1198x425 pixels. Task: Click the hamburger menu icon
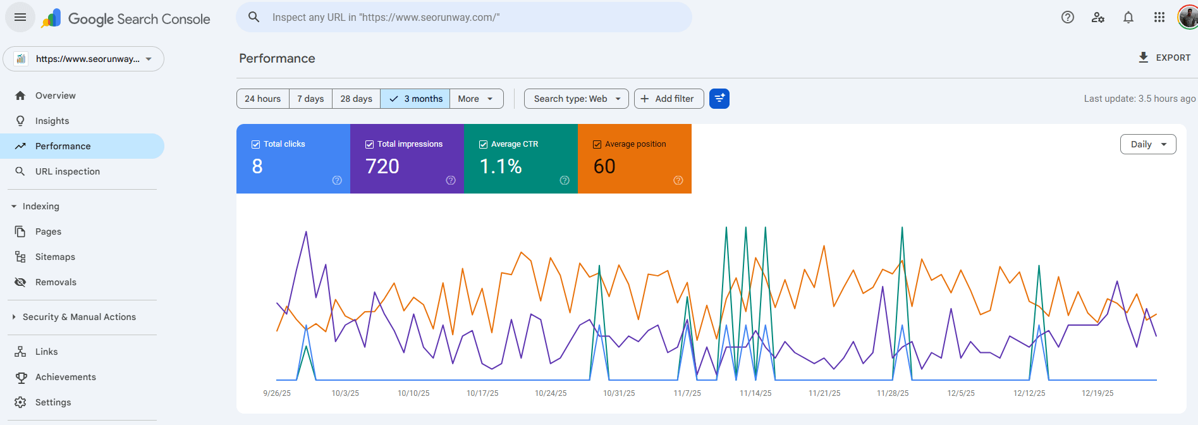pyautogui.click(x=20, y=17)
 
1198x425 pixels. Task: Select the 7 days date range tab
pyautogui.click(x=310, y=99)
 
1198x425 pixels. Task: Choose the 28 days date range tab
pyautogui.click(x=356, y=99)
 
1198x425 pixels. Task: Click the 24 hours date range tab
pyautogui.click(x=262, y=99)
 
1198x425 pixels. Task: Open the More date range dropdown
pyautogui.click(x=476, y=99)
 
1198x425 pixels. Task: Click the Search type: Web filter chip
pyautogui.click(x=576, y=99)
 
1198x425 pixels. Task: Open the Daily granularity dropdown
pyautogui.click(x=1147, y=144)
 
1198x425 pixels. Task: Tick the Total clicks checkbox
pyautogui.click(x=256, y=144)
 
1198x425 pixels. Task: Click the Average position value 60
pyautogui.click(x=604, y=166)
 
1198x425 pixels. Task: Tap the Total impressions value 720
pyautogui.click(x=382, y=166)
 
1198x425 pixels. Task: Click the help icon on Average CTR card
pyautogui.click(x=565, y=180)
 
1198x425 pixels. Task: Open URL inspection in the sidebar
pyautogui.click(x=68, y=171)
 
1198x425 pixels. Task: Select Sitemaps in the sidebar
pyautogui.click(x=55, y=257)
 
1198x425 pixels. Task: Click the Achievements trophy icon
pyautogui.click(x=21, y=377)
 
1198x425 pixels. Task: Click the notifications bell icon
pyautogui.click(x=1128, y=17)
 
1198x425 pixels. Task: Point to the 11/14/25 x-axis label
pyautogui.click(x=755, y=393)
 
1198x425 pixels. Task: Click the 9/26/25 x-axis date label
pyautogui.click(x=277, y=393)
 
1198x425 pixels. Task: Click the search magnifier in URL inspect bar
pyautogui.click(x=254, y=17)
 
